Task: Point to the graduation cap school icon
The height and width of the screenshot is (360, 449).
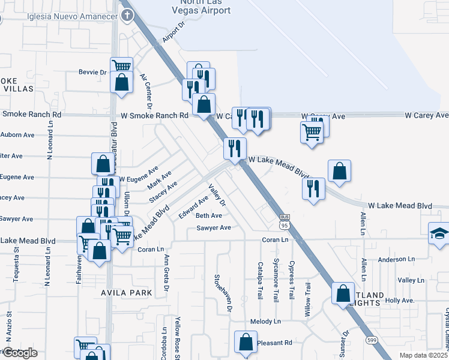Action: [439, 234]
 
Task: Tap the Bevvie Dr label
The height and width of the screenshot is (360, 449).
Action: [92, 73]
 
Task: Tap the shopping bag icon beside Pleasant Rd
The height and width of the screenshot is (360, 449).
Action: [246, 343]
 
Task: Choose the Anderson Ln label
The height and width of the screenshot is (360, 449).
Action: [396, 260]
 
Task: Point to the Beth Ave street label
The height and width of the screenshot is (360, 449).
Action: [209, 216]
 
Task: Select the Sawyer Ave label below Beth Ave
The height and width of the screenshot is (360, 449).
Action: [214, 228]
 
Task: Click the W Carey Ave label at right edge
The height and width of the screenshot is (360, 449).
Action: [427, 115]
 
